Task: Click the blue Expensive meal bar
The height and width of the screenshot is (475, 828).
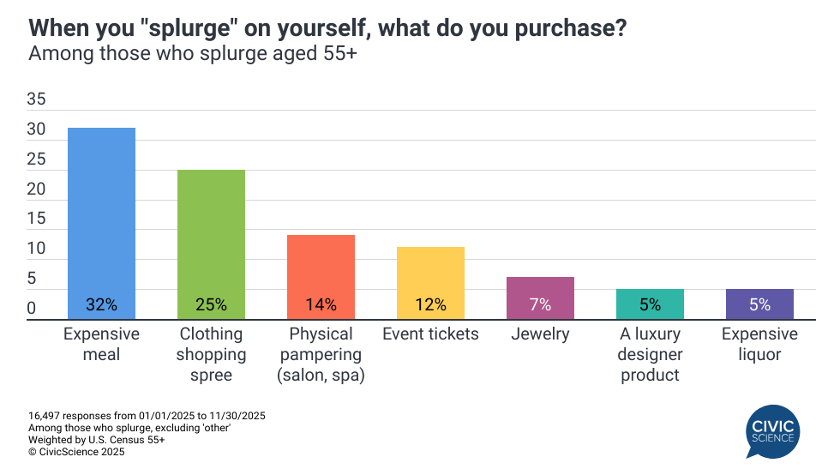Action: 101,223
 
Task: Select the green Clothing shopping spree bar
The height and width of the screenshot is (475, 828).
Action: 211,244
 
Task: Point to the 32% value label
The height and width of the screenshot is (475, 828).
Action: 101,304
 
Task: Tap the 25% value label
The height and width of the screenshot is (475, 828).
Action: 211,304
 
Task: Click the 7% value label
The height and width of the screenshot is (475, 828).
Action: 540,304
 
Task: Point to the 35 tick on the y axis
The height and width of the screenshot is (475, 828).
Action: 36,99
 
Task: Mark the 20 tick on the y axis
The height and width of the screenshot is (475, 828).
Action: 36,189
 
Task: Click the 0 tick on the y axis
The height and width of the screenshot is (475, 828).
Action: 31,309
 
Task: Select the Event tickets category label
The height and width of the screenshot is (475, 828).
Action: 430,334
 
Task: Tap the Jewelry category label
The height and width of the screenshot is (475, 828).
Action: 540,334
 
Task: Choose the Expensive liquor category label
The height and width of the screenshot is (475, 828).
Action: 759,344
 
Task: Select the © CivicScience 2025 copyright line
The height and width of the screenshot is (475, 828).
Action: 76,452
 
